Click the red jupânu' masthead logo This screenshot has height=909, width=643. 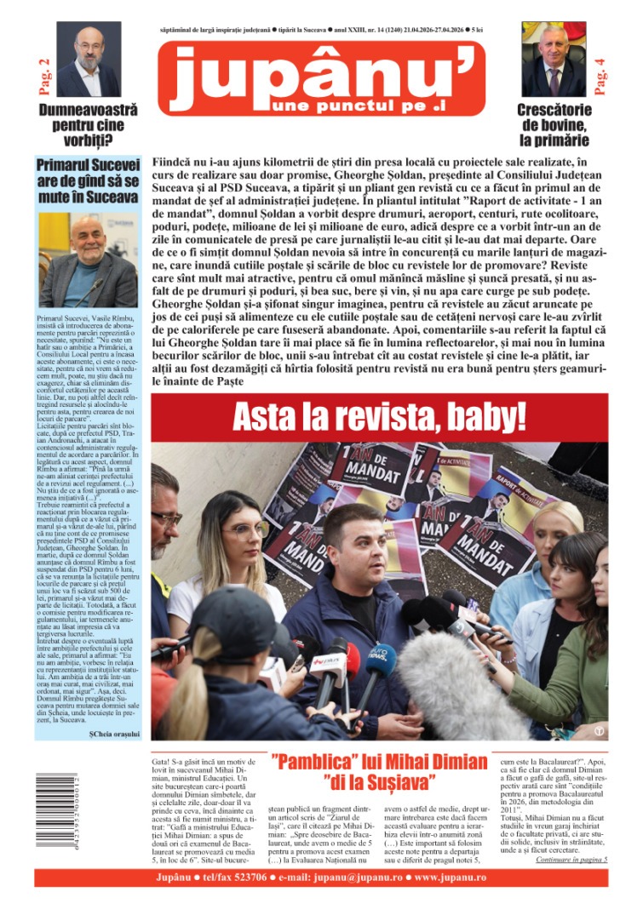pos(321,78)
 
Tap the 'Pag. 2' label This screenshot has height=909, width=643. pos(43,75)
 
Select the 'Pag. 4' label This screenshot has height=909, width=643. pos(600,75)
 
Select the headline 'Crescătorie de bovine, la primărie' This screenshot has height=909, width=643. pos(554,125)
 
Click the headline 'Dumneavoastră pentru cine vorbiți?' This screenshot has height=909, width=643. pos(88,125)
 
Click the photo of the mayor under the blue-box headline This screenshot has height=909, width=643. pos(88,260)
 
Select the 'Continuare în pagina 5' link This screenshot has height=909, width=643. pos(571,859)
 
